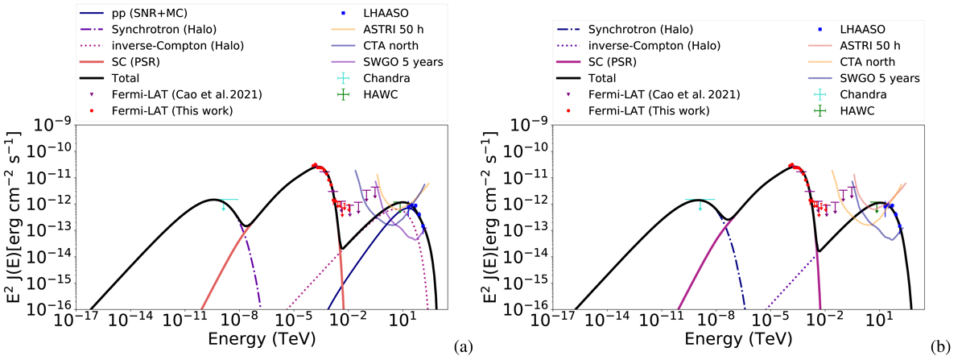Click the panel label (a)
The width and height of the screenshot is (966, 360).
(464, 348)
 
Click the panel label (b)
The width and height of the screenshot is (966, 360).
(940, 348)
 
